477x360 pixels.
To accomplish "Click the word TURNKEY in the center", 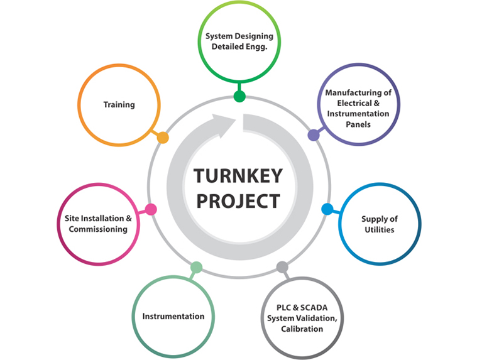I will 238,175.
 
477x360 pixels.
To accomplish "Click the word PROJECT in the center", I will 238,201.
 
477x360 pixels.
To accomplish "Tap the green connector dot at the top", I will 239,96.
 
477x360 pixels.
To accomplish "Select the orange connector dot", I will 163,138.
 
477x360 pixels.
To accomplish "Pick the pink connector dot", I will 151,209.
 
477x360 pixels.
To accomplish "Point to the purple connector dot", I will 313,135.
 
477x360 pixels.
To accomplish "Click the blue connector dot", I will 327,209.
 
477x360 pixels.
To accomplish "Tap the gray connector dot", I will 282,267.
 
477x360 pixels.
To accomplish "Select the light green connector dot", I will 196,267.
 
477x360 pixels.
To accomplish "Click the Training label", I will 119,105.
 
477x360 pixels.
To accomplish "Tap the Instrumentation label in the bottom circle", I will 173,316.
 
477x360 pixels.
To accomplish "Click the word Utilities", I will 380,229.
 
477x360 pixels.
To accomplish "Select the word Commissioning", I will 98,229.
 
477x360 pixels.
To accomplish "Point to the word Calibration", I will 302,329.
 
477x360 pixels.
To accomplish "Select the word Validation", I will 321,319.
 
